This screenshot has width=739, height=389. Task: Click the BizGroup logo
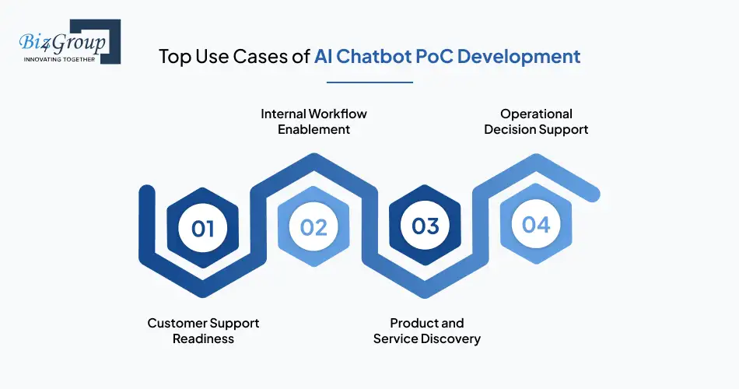pyautogui.click(x=65, y=43)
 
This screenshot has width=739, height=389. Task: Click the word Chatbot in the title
pyautogui.click(x=373, y=57)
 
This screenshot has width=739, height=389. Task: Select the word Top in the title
pyautogui.click(x=173, y=57)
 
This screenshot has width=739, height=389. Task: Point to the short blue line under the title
pyautogui.click(x=369, y=81)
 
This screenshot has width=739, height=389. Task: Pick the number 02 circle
pyautogui.click(x=313, y=227)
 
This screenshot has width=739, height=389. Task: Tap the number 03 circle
pyautogui.click(x=426, y=226)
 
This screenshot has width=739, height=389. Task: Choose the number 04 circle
pyautogui.click(x=536, y=225)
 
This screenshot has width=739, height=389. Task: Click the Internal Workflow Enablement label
pyautogui.click(x=313, y=121)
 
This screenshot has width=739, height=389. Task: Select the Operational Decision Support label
pyautogui.click(x=536, y=121)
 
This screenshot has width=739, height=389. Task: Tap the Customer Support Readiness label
pyautogui.click(x=203, y=331)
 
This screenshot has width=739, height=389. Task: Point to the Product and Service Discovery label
pyautogui.click(x=426, y=331)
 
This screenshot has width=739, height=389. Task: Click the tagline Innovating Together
pyautogui.click(x=60, y=58)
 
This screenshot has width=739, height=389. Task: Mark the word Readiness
pyautogui.click(x=203, y=339)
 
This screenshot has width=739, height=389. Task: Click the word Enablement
pyautogui.click(x=313, y=130)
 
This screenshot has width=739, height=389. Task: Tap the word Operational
pyautogui.click(x=536, y=114)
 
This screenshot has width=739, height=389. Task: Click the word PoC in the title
pyautogui.click(x=433, y=57)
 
